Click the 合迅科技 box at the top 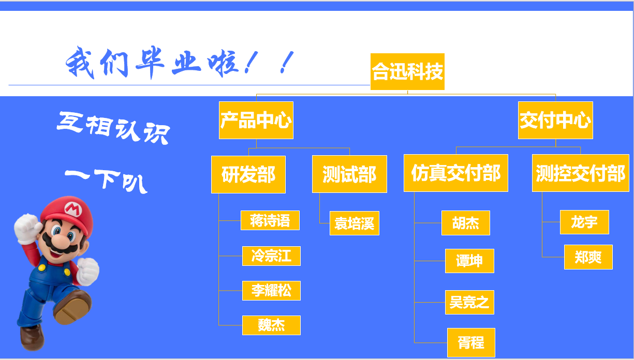(407, 71)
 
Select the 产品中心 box (256, 120)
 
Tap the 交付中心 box (555, 120)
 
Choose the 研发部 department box (248, 174)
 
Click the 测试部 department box (349, 174)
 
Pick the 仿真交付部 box (455, 173)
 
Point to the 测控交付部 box (581, 173)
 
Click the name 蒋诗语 (270, 220)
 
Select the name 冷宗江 (271, 256)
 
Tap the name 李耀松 (271, 291)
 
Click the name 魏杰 (271, 325)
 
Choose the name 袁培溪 (355, 223)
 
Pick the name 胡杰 (466, 223)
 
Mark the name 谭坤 (469, 261)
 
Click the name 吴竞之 (469, 302)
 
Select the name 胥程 (471, 342)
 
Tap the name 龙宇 (584, 222)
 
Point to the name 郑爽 (588, 257)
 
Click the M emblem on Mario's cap (73, 209)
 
